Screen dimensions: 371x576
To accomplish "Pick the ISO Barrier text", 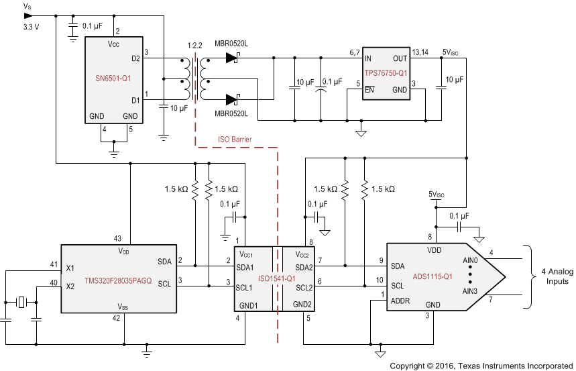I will click(x=235, y=140).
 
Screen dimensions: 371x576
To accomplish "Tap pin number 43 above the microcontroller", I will click(x=117, y=238).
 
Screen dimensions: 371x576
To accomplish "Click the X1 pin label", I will click(x=70, y=268).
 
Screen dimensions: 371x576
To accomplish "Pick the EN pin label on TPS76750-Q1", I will click(x=369, y=89).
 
